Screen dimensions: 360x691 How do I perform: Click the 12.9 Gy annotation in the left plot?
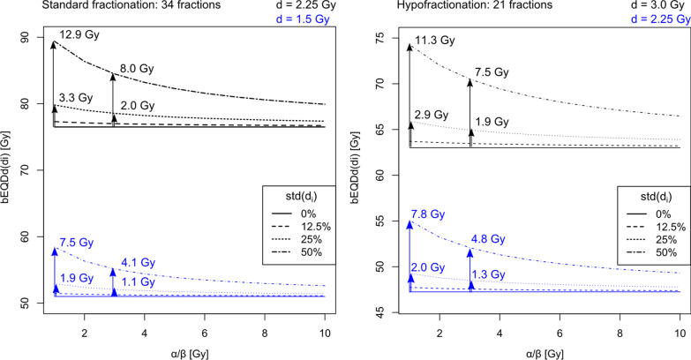[78, 34]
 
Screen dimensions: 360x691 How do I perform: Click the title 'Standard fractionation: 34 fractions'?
[100, 7]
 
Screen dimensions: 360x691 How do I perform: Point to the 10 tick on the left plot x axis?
[324, 334]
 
